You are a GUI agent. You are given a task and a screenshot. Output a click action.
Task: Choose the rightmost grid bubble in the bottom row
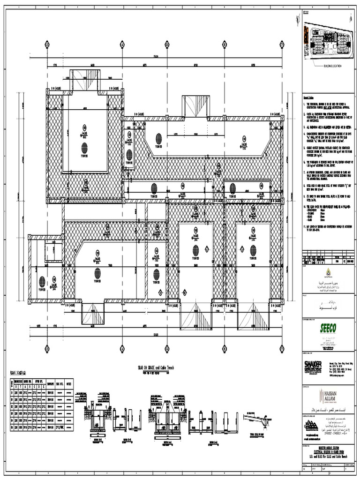pos(281,348)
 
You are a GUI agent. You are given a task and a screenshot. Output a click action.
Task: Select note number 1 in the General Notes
pos(305,103)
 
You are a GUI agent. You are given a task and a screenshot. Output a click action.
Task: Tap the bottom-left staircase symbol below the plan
pos(94,313)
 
